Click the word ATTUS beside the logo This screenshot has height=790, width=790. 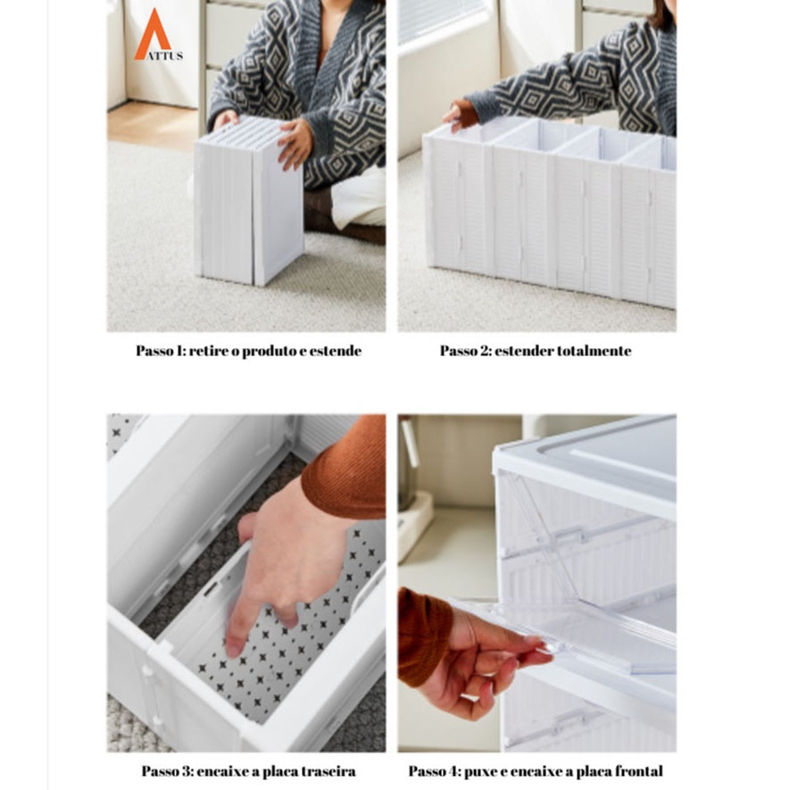coord(165,56)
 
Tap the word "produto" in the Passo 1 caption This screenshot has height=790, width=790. coord(269,351)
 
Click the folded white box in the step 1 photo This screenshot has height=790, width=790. coord(249,202)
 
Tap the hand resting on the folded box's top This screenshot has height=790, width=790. coord(295,144)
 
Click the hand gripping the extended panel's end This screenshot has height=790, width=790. coord(460,116)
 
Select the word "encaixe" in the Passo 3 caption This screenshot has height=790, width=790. coord(223,771)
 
